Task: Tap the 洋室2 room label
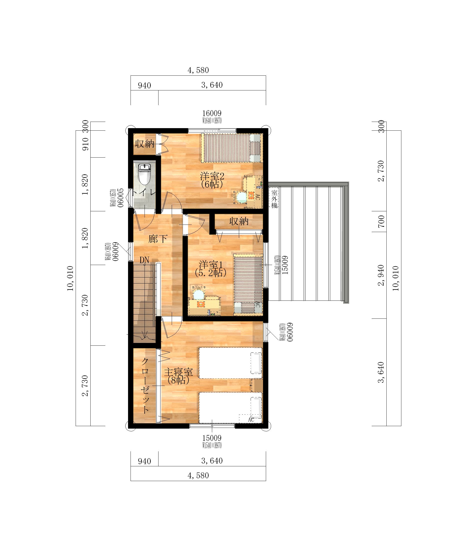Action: click(x=212, y=176)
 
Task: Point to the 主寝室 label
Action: click(x=178, y=372)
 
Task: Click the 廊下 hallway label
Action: click(x=158, y=239)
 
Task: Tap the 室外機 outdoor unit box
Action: click(x=274, y=198)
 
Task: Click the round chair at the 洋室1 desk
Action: click(x=198, y=294)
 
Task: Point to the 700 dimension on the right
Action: click(x=381, y=221)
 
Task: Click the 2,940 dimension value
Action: click(x=381, y=275)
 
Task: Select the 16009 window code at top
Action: click(x=212, y=113)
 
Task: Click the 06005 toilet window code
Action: click(x=121, y=198)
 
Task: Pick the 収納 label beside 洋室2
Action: click(x=145, y=144)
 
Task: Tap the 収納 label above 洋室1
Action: click(x=239, y=221)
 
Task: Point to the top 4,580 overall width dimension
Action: click(x=198, y=70)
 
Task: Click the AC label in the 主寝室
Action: click(x=251, y=420)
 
